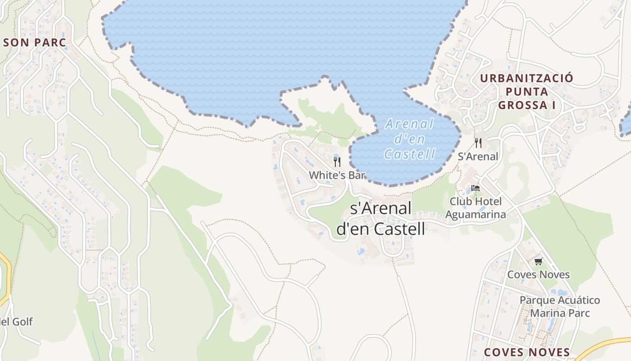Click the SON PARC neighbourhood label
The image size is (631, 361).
point(35,43)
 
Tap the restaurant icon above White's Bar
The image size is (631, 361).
point(337,162)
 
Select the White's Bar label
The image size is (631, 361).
point(337,175)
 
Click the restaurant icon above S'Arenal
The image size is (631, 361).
point(478,143)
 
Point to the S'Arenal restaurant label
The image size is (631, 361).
point(478,157)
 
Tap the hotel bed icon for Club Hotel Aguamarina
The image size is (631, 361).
point(475,188)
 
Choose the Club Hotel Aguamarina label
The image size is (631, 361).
point(476,208)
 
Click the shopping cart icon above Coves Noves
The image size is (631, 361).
point(538,261)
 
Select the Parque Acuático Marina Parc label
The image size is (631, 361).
point(560,306)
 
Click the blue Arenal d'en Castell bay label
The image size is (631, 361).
point(410,139)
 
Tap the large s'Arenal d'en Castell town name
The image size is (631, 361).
point(381,219)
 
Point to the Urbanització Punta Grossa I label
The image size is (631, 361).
point(526,92)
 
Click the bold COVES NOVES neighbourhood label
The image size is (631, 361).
point(526,352)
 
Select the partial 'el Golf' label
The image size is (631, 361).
point(16,322)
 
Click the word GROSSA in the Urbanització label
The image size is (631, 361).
point(526,105)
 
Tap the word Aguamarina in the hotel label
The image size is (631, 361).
point(476,214)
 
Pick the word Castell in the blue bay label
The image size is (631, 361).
point(410,154)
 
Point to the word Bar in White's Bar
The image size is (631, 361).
point(356,175)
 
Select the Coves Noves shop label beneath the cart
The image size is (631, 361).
point(538,274)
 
